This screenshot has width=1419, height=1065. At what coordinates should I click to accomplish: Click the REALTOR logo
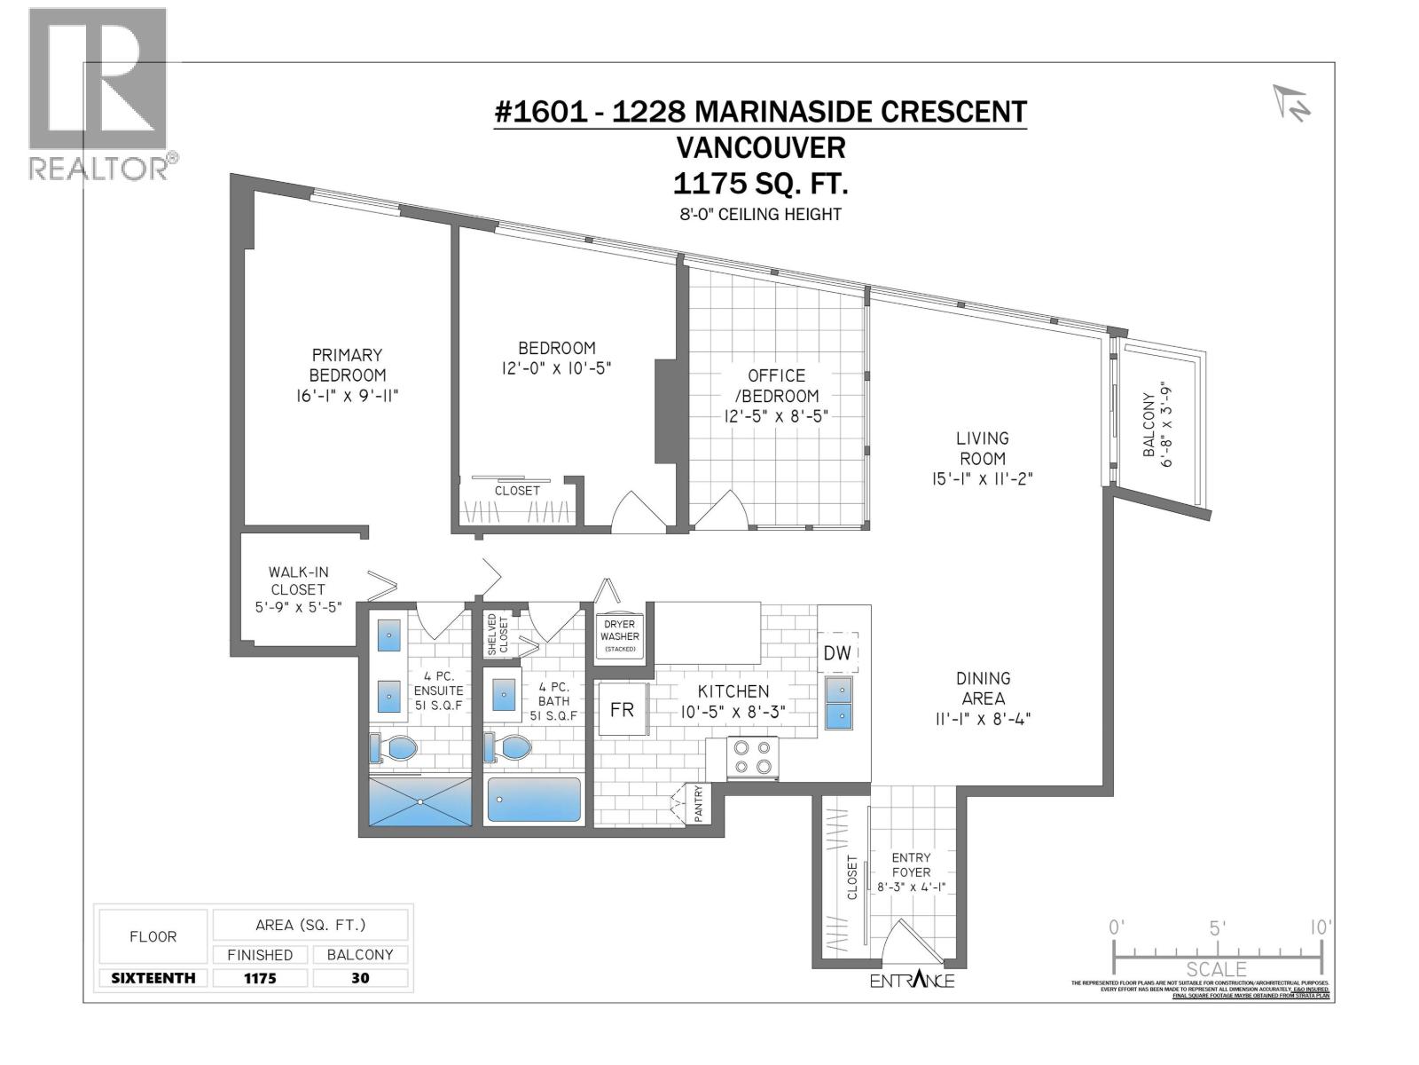(x=98, y=93)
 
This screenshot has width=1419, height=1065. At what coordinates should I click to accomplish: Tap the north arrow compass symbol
(x=1292, y=104)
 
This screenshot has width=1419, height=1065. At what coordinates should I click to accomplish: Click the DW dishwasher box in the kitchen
(x=837, y=653)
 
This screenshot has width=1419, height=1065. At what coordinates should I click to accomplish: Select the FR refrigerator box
(x=622, y=709)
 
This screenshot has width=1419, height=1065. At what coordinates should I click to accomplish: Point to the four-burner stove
(x=752, y=757)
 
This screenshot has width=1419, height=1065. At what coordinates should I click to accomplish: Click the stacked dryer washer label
(x=620, y=635)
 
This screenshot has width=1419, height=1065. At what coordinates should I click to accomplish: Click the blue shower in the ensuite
(x=420, y=801)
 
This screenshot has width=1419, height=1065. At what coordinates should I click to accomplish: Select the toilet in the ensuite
(x=393, y=748)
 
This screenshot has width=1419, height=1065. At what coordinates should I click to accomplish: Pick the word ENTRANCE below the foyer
(x=912, y=981)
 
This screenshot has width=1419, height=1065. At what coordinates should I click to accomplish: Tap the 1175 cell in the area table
(x=260, y=978)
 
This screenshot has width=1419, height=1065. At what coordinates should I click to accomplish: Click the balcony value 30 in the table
(x=360, y=978)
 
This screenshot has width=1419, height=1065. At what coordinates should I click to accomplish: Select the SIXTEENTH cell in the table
(x=153, y=978)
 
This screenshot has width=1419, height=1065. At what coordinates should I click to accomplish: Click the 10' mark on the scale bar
(x=1321, y=928)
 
